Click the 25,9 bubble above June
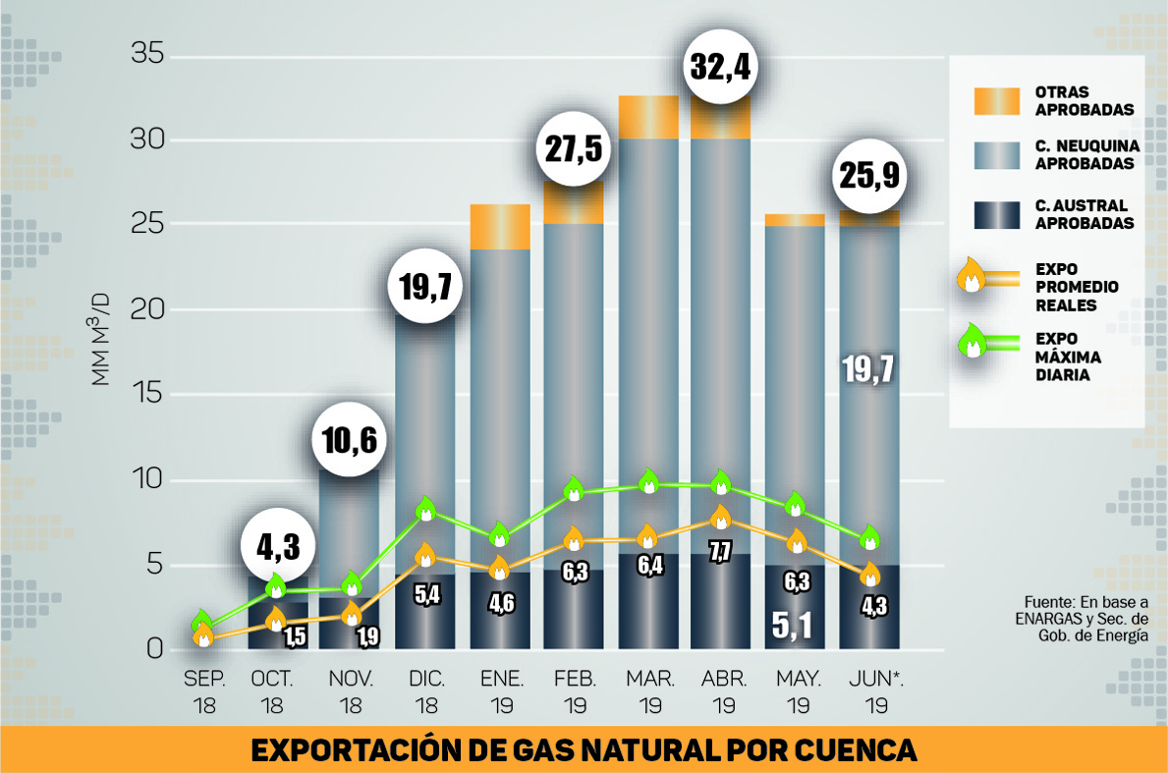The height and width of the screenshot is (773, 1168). click(868, 177)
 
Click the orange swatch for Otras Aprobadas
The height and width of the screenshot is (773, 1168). click(996, 101)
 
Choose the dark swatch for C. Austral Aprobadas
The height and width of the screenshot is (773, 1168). click(996, 214)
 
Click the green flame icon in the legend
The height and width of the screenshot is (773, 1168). click(973, 340)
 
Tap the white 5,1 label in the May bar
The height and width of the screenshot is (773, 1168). click(794, 625)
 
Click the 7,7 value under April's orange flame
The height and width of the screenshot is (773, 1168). click(721, 551)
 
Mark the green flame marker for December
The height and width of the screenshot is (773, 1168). click(426, 508)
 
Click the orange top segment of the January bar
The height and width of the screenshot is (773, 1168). click(500, 226)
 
